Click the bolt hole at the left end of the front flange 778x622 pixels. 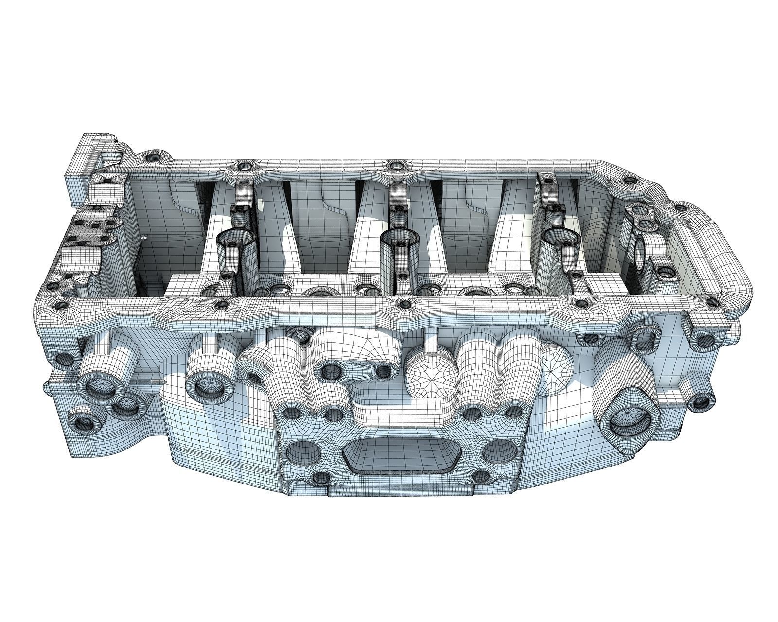(x=62, y=306)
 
